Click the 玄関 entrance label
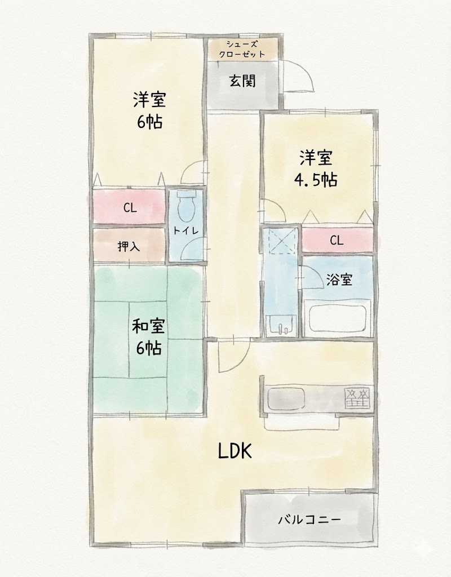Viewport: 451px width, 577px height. pyautogui.click(x=242, y=81)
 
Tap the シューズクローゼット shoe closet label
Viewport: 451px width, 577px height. pyautogui.click(x=242, y=50)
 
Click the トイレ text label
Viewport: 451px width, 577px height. pyautogui.click(x=186, y=230)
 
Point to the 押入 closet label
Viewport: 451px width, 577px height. pyautogui.click(x=129, y=246)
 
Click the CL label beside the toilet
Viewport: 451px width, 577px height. pyautogui.click(x=130, y=208)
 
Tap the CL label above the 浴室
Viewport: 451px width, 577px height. pyautogui.click(x=337, y=240)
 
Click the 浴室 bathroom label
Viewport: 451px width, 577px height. pyautogui.click(x=339, y=279)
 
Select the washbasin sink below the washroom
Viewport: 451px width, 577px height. pyautogui.click(x=281, y=325)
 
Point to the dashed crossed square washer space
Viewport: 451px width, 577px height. pyautogui.click(x=281, y=241)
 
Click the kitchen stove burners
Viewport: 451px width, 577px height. pyautogui.click(x=357, y=398)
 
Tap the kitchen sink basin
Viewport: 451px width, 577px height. pyautogui.click(x=286, y=398)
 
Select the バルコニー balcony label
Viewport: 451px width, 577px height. pyautogui.click(x=309, y=520)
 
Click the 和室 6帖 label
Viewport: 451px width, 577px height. pyautogui.click(x=149, y=337)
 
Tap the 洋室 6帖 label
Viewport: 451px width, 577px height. pyautogui.click(x=150, y=110)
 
